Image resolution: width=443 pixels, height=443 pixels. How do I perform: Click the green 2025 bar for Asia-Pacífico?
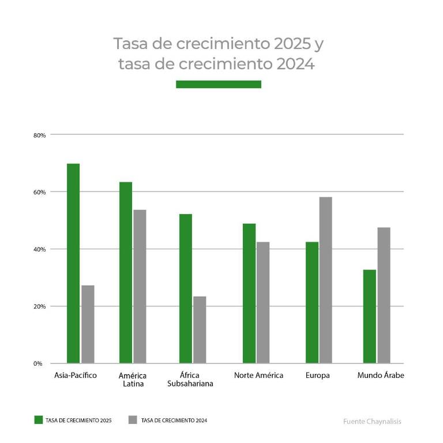click(x=73, y=264)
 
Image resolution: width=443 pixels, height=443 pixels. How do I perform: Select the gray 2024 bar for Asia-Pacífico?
click(x=88, y=324)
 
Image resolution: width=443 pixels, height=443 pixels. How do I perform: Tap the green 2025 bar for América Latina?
click(x=126, y=273)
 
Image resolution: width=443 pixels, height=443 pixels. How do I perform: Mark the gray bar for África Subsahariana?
click(x=200, y=330)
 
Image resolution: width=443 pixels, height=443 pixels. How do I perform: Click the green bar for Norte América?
click(x=249, y=294)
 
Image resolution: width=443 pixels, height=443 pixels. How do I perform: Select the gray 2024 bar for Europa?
click(x=326, y=280)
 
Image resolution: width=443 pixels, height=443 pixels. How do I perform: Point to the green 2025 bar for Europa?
click(x=312, y=303)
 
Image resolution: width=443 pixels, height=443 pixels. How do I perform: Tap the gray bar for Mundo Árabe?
click(x=384, y=295)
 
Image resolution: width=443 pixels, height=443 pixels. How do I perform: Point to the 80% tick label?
click(x=39, y=135)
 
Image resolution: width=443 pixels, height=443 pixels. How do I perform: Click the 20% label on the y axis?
click(x=39, y=306)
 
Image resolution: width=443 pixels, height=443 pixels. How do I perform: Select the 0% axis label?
click(x=38, y=363)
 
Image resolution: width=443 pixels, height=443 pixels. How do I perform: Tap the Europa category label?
click(x=318, y=376)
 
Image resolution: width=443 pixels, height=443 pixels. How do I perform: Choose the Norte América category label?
click(x=258, y=376)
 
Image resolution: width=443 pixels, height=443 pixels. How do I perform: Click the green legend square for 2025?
click(x=39, y=420)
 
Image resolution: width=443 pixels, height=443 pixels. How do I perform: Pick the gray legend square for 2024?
click(x=133, y=420)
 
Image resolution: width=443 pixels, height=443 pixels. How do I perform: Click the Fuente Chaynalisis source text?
click(x=371, y=421)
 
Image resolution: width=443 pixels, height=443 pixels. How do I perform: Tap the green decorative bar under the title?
click(x=218, y=84)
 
